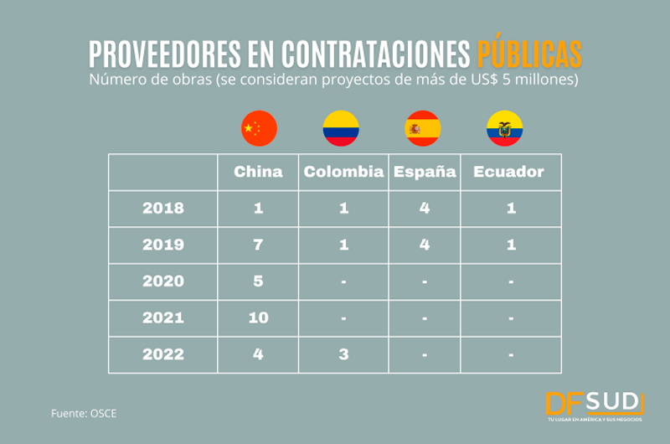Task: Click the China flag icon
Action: [258, 128]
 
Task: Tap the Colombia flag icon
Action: [341, 128]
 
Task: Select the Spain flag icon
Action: [423, 128]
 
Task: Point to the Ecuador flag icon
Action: [505, 128]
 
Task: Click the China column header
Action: [258, 172]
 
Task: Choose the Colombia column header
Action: [343, 172]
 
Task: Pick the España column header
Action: [425, 172]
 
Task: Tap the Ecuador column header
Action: [508, 172]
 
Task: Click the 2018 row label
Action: [162, 208]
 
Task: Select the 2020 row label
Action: [162, 281]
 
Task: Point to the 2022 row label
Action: [162, 354]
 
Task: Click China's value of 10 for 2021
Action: [258, 318]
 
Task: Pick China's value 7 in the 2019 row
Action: [258, 245]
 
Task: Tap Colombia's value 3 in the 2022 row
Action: [343, 354]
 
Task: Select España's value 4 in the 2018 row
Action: [425, 208]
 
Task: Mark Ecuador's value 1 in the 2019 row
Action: [511, 245]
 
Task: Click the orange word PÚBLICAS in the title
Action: [529, 54]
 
